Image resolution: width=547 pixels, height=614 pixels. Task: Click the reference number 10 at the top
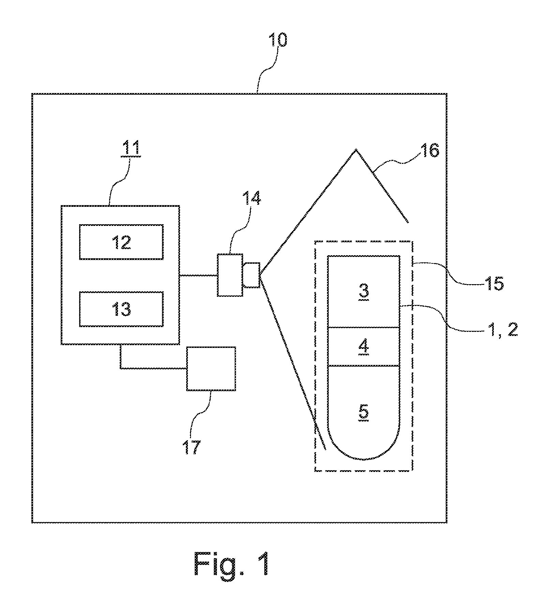click(278, 41)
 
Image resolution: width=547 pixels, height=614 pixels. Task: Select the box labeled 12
click(121, 242)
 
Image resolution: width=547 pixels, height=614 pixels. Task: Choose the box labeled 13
click(121, 309)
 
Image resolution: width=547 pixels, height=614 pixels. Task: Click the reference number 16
click(429, 150)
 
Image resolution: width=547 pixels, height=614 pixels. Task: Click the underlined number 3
click(364, 290)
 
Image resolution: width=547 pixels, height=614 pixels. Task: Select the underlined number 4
click(364, 347)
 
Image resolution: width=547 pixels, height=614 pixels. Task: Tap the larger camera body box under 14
click(230, 275)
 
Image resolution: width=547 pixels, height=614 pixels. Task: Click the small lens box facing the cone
click(252, 275)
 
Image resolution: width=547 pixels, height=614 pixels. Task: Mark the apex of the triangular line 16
click(356, 149)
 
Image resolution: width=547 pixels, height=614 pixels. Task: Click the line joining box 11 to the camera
click(198, 275)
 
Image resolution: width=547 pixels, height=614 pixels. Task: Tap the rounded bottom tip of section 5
click(364, 459)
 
